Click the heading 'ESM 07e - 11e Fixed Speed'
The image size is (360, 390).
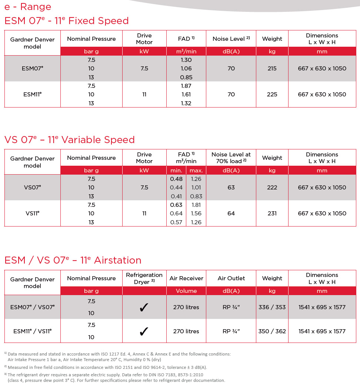[x=67, y=21]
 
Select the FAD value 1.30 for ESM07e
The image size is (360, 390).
[x=186, y=60]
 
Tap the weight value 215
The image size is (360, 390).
[x=272, y=69]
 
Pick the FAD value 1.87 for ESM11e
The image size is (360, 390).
[x=186, y=86]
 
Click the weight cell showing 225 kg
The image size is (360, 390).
[x=272, y=95]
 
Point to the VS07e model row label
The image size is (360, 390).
[x=32, y=188]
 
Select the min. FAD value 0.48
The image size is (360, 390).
[x=176, y=179]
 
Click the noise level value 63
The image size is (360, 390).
[x=231, y=188]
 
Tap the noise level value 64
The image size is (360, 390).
[x=231, y=214]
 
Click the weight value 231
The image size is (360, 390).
[x=272, y=214]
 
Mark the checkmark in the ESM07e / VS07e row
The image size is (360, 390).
[x=144, y=307]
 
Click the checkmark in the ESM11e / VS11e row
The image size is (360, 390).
[x=144, y=331]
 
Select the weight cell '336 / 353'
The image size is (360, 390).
[x=272, y=307]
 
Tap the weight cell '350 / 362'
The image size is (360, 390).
[x=272, y=331]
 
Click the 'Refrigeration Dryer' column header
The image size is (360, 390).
[x=144, y=278]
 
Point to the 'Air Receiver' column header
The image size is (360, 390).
[x=186, y=278]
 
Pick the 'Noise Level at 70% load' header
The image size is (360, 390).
[x=231, y=158]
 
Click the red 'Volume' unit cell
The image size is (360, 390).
[x=186, y=291]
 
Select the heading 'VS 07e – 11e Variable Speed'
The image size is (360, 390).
[x=70, y=140]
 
